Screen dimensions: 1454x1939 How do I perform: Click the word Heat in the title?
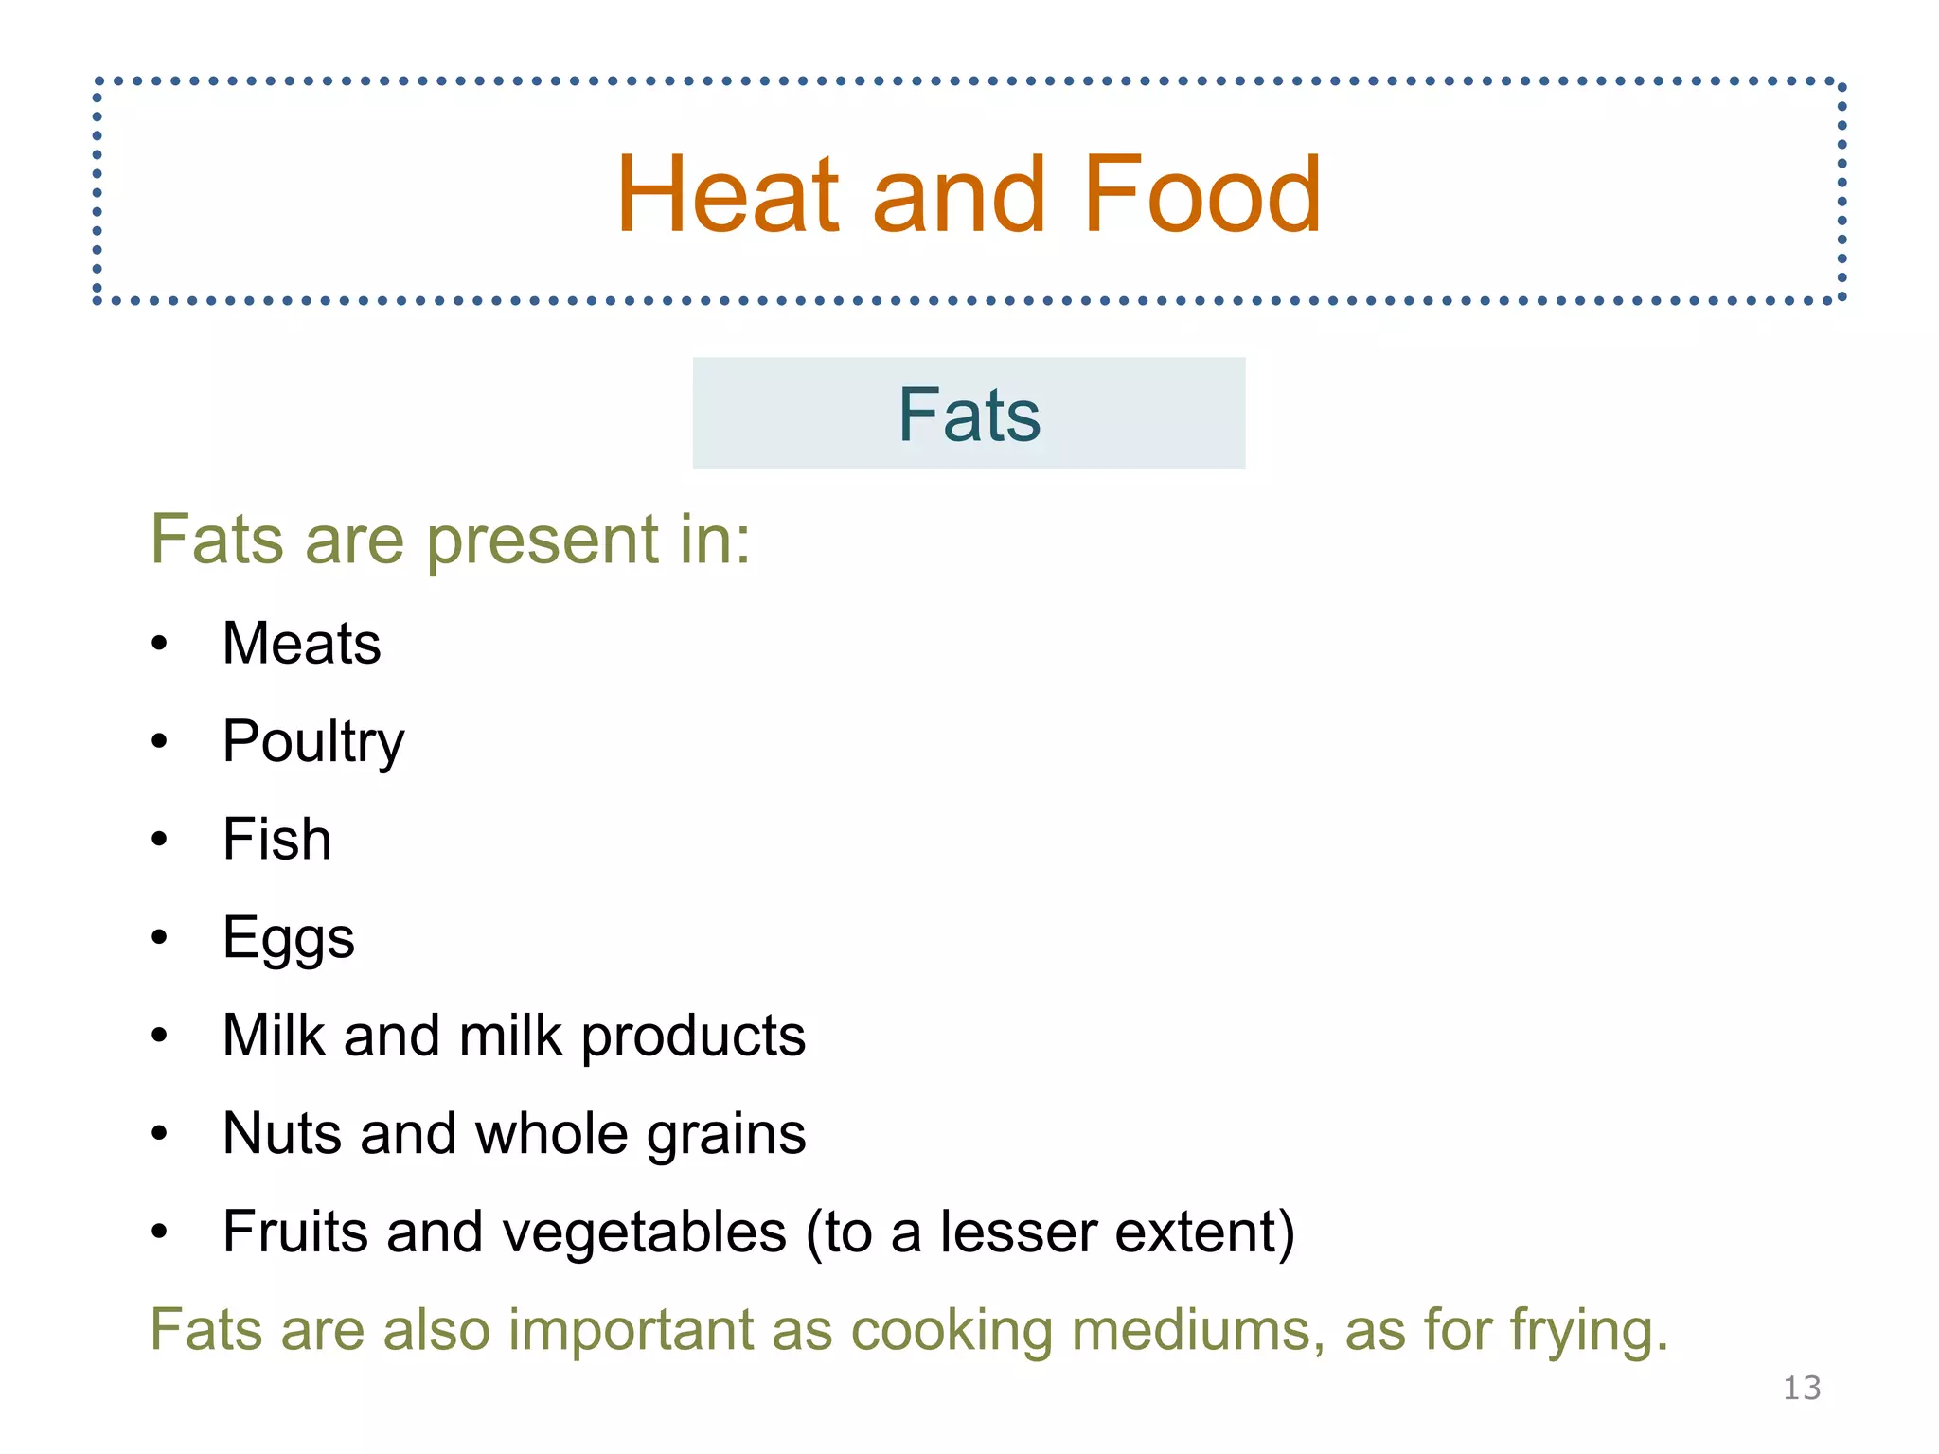727,195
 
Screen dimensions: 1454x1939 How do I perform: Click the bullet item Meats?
301,644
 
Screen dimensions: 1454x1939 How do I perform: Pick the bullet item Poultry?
313,742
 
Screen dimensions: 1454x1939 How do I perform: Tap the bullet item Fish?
276,840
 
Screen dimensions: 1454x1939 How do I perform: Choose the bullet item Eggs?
289,939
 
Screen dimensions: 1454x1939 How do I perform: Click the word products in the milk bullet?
693,1037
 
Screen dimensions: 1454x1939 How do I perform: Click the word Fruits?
294,1232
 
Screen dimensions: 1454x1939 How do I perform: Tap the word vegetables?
634,1233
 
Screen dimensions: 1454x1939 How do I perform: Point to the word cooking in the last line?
952,1331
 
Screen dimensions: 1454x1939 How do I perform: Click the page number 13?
1801,1389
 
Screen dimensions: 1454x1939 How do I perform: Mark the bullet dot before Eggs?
159,937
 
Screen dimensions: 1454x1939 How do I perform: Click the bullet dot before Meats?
159,644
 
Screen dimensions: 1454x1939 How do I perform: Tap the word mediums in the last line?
1199,1329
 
